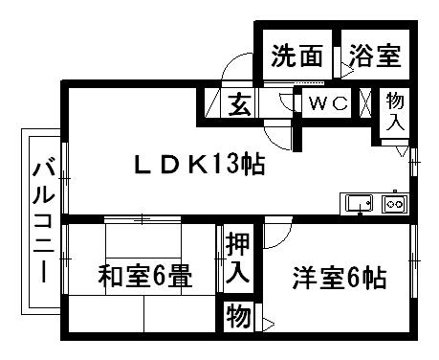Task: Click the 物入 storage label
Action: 394,110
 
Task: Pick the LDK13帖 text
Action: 198,165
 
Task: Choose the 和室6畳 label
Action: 144,279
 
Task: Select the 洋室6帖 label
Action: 339,279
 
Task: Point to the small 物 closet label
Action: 236,313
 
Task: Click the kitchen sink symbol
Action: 360,203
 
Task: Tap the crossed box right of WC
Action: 365,102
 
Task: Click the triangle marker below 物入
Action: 403,151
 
